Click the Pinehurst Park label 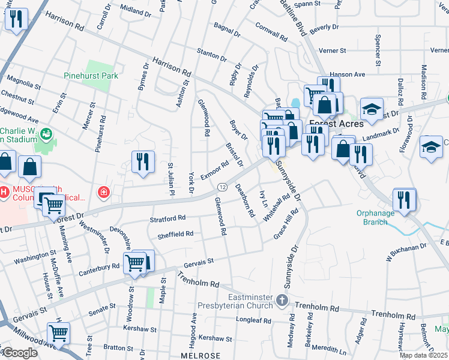(91, 76)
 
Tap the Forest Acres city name (336, 124)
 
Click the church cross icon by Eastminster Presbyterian (282, 299)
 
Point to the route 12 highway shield (222, 187)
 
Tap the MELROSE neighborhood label (200, 355)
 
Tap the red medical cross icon (104, 192)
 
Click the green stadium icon (44, 133)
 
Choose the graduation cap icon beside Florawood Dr (431, 148)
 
